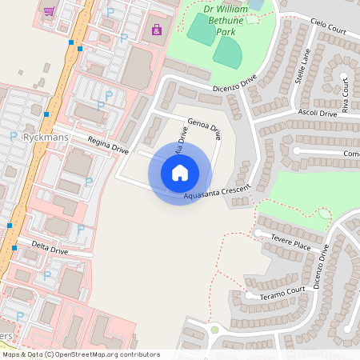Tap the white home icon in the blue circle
coord(180,172)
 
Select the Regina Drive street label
coord(108,145)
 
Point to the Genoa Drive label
coord(204,133)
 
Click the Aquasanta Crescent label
coord(217,190)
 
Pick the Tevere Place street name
coord(290,245)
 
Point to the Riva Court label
coord(345,96)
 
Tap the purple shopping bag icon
coord(156,30)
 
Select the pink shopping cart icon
coord(50,11)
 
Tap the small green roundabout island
coord(214,330)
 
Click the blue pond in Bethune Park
coord(257,4)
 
